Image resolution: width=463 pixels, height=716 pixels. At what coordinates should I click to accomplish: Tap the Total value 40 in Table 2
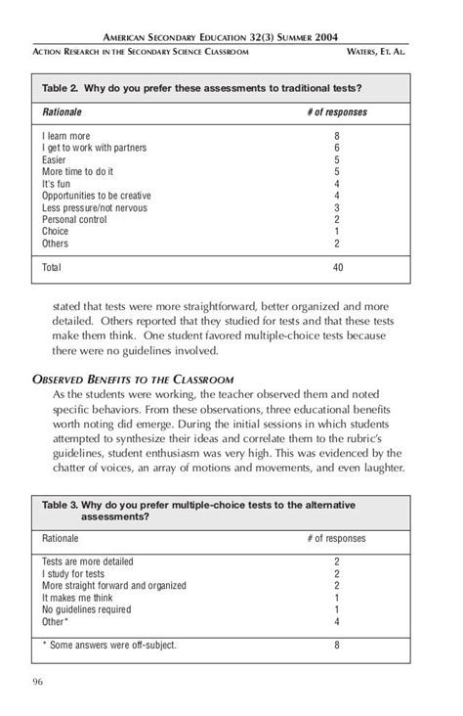coord(336,266)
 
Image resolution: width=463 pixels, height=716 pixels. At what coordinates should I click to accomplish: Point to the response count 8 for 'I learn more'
coord(336,137)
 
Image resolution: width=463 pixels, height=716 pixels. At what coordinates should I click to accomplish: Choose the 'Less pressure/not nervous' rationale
coord(95,207)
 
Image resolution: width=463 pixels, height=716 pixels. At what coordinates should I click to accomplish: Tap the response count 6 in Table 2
coord(336,149)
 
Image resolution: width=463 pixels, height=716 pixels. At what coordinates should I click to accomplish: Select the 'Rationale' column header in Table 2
coord(62,112)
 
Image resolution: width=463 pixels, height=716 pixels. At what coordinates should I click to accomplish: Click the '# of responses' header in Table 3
coord(336,538)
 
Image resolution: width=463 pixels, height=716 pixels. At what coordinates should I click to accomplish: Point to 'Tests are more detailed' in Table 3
coord(88,562)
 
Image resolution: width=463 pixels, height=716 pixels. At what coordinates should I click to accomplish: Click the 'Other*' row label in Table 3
coord(56,621)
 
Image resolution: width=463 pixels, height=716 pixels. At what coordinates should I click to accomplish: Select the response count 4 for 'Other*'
coord(336,621)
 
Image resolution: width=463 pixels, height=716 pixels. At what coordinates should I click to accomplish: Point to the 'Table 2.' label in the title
coord(62,87)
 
